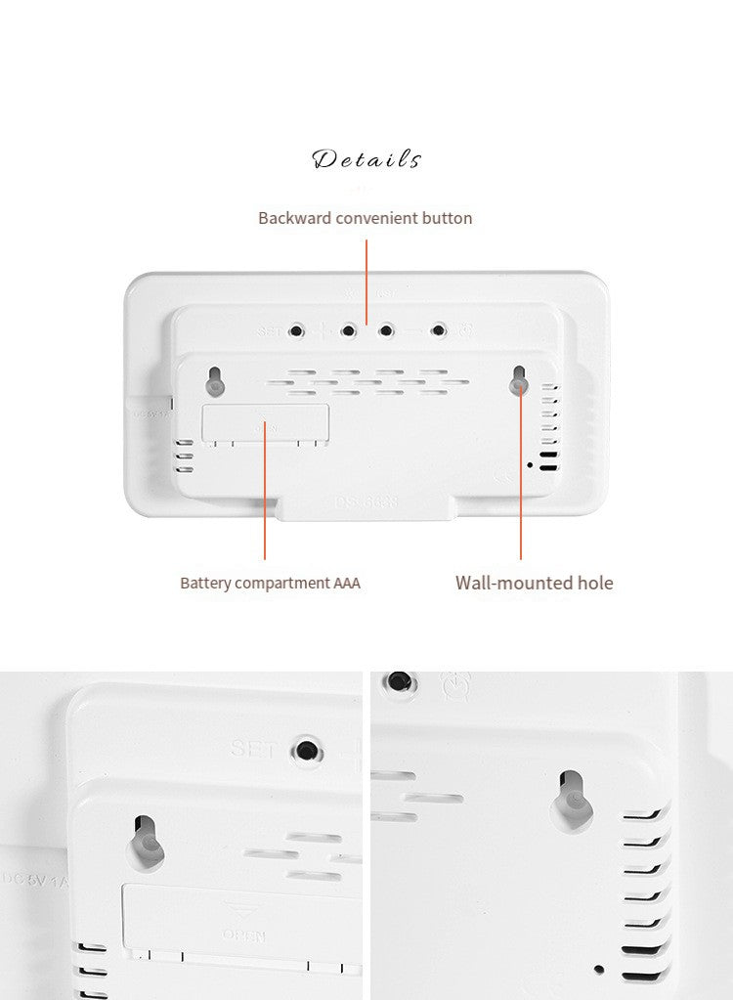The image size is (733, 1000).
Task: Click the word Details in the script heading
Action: click(x=366, y=159)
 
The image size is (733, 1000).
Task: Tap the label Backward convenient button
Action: click(x=365, y=218)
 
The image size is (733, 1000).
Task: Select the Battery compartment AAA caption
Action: click(x=270, y=584)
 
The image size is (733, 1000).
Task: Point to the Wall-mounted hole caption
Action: click(x=534, y=584)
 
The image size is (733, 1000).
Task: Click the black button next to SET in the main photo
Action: click(x=296, y=331)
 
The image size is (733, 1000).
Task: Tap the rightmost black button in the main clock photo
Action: click(x=439, y=330)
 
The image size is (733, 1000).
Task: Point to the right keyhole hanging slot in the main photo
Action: click(x=519, y=381)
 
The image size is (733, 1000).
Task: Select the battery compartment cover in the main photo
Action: click(x=265, y=424)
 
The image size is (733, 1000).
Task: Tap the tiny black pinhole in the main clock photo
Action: click(x=530, y=464)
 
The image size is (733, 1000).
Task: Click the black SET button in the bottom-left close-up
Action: click(x=307, y=751)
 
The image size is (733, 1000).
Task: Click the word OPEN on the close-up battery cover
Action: click(x=243, y=935)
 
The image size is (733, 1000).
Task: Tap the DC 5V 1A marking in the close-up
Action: click(x=36, y=881)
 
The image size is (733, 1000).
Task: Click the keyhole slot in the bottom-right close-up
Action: click(x=574, y=800)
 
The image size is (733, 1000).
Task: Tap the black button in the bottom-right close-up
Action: click(x=398, y=681)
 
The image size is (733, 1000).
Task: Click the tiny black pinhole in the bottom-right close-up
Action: click(x=599, y=970)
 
